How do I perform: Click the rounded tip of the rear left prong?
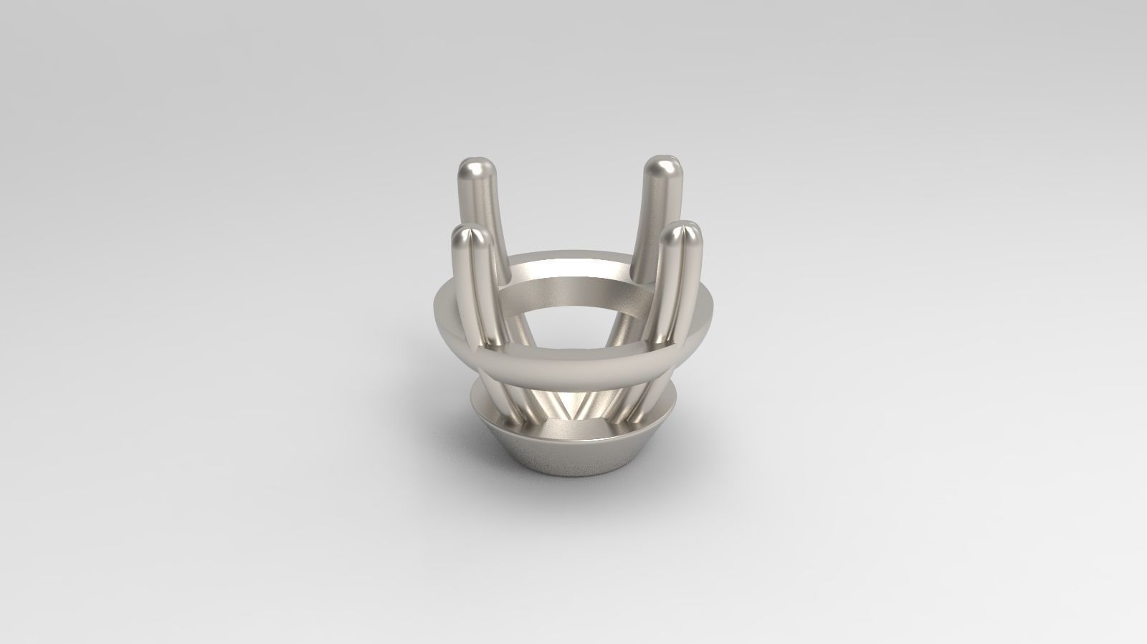[x=473, y=171]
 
